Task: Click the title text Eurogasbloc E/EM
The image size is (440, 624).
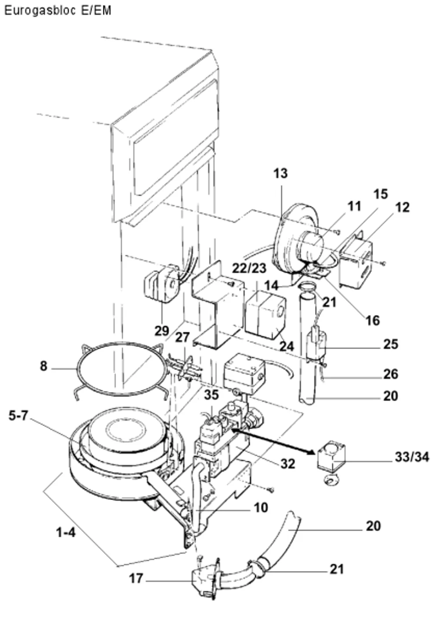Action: point(58,11)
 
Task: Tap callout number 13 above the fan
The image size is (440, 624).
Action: point(280,173)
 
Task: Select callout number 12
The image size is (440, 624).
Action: point(402,208)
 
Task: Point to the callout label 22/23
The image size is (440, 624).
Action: point(249,268)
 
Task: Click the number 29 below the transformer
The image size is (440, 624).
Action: point(162,331)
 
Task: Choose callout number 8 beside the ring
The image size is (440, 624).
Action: point(44,366)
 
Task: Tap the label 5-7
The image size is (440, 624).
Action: point(18,415)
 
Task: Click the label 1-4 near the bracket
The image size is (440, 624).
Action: point(66,533)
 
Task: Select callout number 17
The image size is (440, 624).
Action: point(136,578)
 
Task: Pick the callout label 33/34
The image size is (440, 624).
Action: point(412,457)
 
